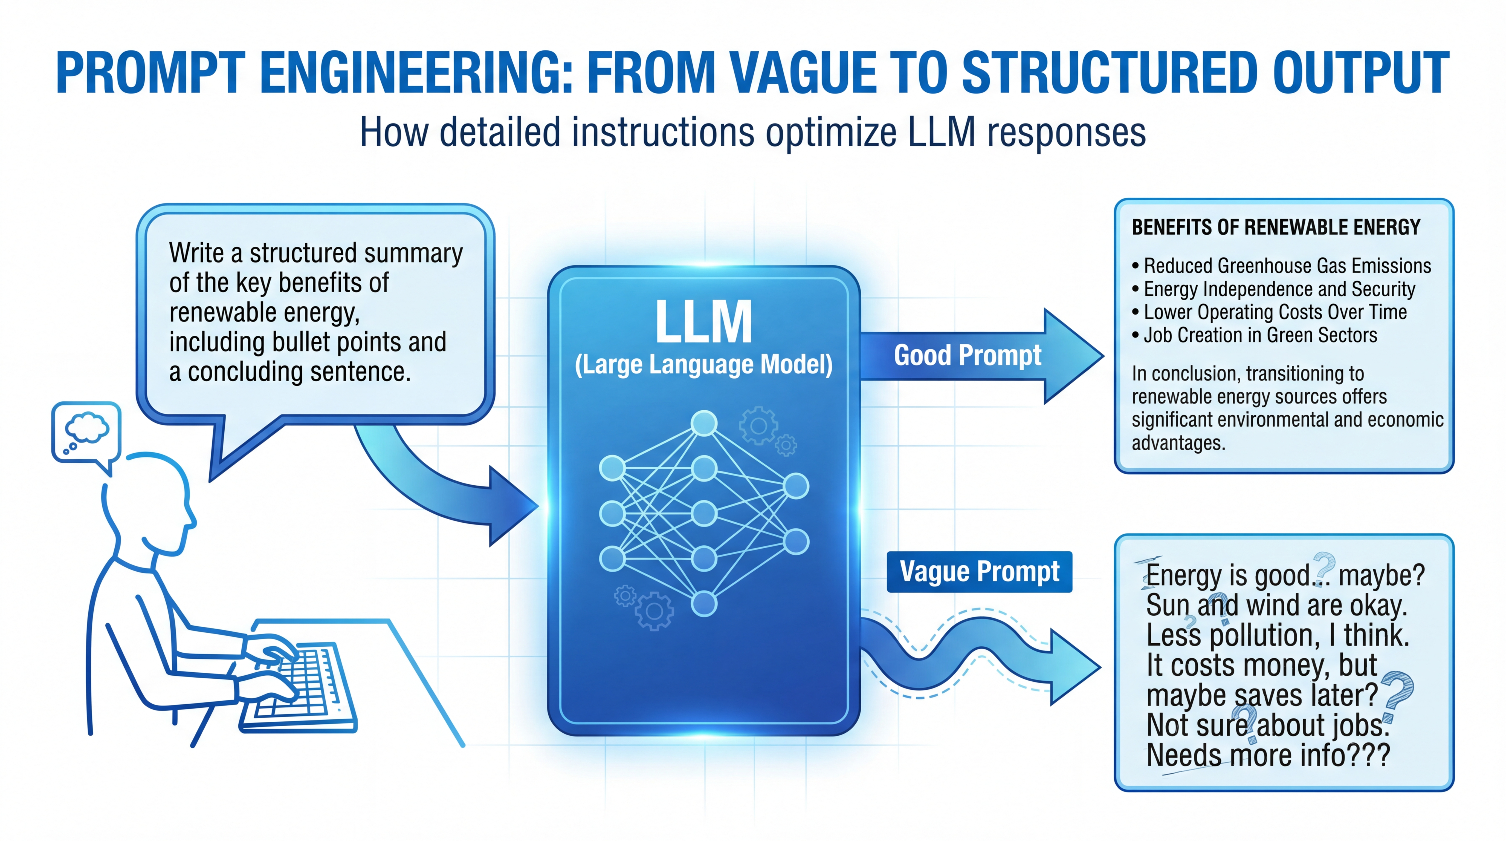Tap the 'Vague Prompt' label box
point(979,571)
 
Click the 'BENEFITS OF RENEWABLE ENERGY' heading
point(1276,227)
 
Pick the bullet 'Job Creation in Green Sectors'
point(1260,335)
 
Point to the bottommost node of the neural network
point(704,604)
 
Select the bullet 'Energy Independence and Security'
point(1279,289)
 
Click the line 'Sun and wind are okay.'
point(1276,605)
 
